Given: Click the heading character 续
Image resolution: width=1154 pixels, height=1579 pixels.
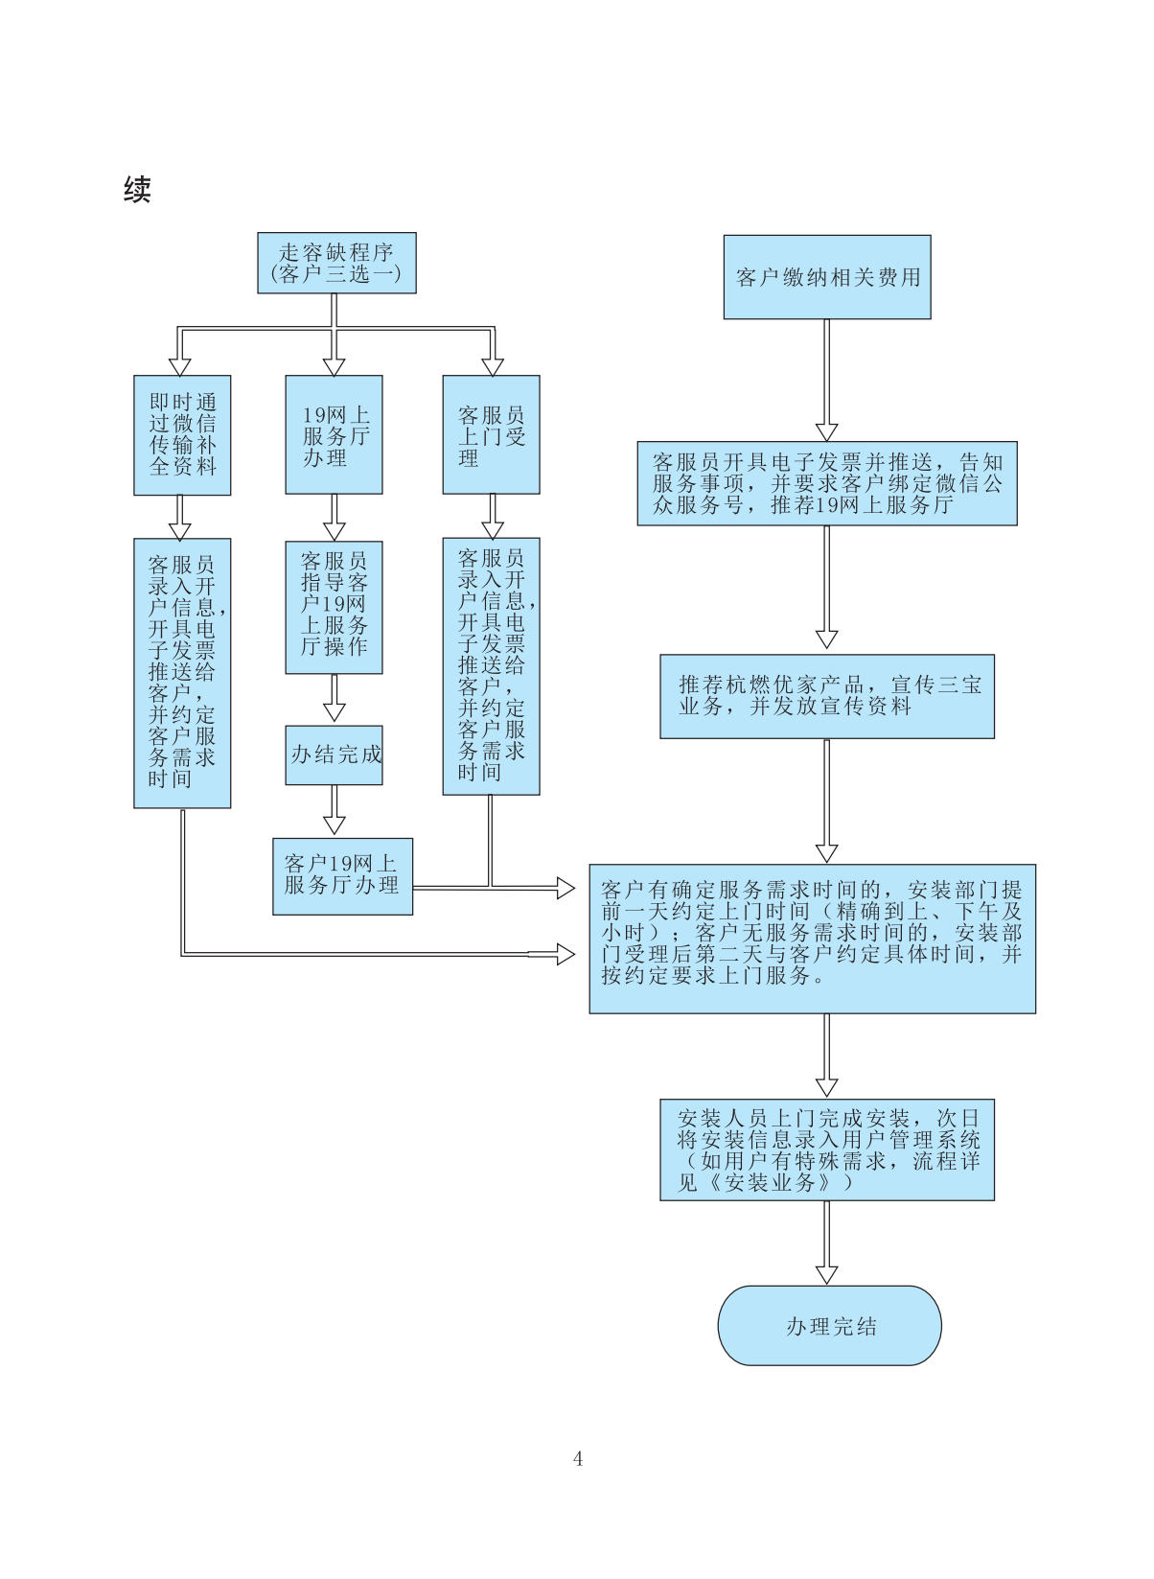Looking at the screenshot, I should pyautogui.click(x=137, y=190).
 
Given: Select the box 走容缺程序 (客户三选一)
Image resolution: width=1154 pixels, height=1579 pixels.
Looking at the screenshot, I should pyautogui.click(x=336, y=263).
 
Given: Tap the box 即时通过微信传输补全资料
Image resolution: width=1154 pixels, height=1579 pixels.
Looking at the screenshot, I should pyautogui.click(x=182, y=435).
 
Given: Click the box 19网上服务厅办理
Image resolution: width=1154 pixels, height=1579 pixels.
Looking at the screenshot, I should pyautogui.click(x=334, y=435).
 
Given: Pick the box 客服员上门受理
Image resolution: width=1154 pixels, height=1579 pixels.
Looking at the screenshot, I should pyautogui.click(x=491, y=435).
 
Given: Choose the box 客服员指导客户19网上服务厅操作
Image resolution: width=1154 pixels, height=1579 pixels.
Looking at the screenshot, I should pyautogui.click(x=334, y=608).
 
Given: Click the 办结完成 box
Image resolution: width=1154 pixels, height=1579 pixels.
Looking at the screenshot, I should pyautogui.click(x=334, y=755).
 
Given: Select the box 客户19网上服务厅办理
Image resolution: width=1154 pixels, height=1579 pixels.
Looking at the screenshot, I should pyautogui.click(x=342, y=876).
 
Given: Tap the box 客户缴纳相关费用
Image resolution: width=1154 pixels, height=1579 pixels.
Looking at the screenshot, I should pyautogui.click(x=827, y=277).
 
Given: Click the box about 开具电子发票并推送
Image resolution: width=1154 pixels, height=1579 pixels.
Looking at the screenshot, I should pyautogui.click(x=827, y=483).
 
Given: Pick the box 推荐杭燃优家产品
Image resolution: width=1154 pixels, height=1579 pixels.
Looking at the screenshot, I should pyautogui.click(x=827, y=696).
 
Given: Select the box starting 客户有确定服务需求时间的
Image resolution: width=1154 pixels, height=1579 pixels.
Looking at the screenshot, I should pyautogui.click(x=812, y=939).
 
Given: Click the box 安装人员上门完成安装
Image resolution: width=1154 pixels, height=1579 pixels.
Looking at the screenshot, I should pyautogui.click(x=827, y=1149).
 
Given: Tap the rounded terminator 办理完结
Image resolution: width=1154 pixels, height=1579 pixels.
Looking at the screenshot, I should pyautogui.click(x=829, y=1326).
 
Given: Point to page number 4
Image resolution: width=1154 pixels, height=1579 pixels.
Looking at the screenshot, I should pyautogui.click(x=578, y=1459).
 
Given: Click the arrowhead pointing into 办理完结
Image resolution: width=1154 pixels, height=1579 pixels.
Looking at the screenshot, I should pyautogui.click(x=827, y=1274).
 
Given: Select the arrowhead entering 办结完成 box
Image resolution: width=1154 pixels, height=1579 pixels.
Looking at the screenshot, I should pyautogui.click(x=334, y=711).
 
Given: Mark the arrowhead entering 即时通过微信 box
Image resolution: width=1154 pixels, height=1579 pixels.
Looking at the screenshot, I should pyautogui.click(x=179, y=365).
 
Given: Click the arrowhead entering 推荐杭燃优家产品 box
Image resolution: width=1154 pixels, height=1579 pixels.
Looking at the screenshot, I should pyautogui.click(x=827, y=639).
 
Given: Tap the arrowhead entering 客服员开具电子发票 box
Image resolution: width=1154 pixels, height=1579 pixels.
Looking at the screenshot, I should pyautogui.click(x=827, y=431).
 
